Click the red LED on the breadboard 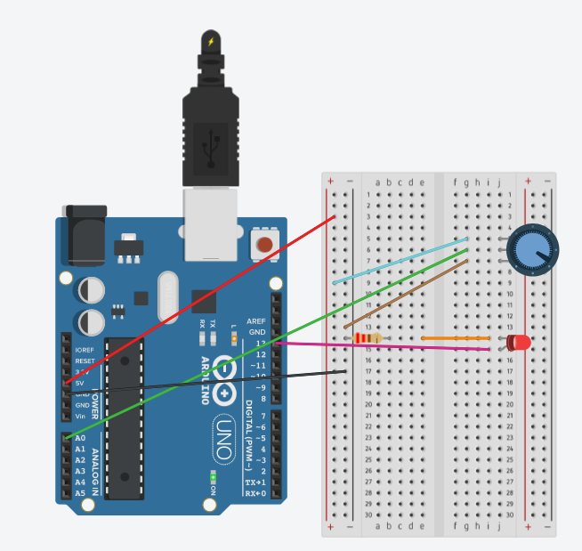519,342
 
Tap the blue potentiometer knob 532,250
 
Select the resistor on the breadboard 366,338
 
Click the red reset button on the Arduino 263,244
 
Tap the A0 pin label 80,438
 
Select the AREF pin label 256,320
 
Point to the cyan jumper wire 400,261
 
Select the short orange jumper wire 455,338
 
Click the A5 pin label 80,493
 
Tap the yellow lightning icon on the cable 211,41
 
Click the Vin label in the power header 80,416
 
